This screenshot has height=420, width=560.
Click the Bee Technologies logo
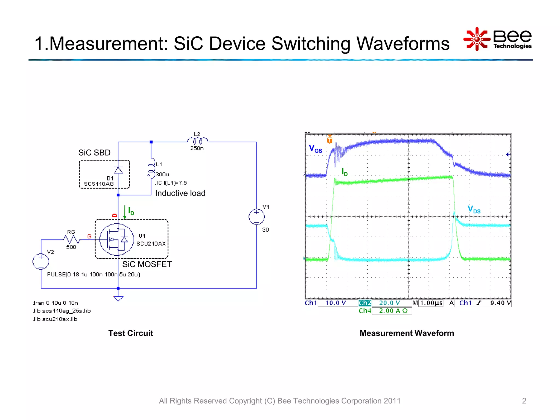[x=498, y=39]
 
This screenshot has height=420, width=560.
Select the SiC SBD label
[x=94, y=153]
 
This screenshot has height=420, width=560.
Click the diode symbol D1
[x=118, y=170]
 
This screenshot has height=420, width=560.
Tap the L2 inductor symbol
[x=197, y=141]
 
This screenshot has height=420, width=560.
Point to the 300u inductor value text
[x=162, y=174]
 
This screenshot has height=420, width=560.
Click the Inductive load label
[x=180, y=193]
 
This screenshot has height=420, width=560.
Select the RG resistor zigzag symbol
[x=71, y=240]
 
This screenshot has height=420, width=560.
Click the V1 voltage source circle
[x=256, y=217]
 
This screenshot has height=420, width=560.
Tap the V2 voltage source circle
[x=41, y=261]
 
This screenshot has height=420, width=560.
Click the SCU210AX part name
[x=151, y=244]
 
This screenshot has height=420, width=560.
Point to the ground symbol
[x=118, y=298]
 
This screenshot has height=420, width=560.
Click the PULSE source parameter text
[x=94, y=274]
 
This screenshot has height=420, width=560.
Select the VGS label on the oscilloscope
[x=315, y=149]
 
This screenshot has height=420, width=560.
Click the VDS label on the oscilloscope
[x=474, y=209]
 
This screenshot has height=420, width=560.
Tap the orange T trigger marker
[x=330, y=140]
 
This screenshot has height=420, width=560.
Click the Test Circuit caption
[x=131, y=333]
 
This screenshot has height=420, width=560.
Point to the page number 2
[x=524, y=401]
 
